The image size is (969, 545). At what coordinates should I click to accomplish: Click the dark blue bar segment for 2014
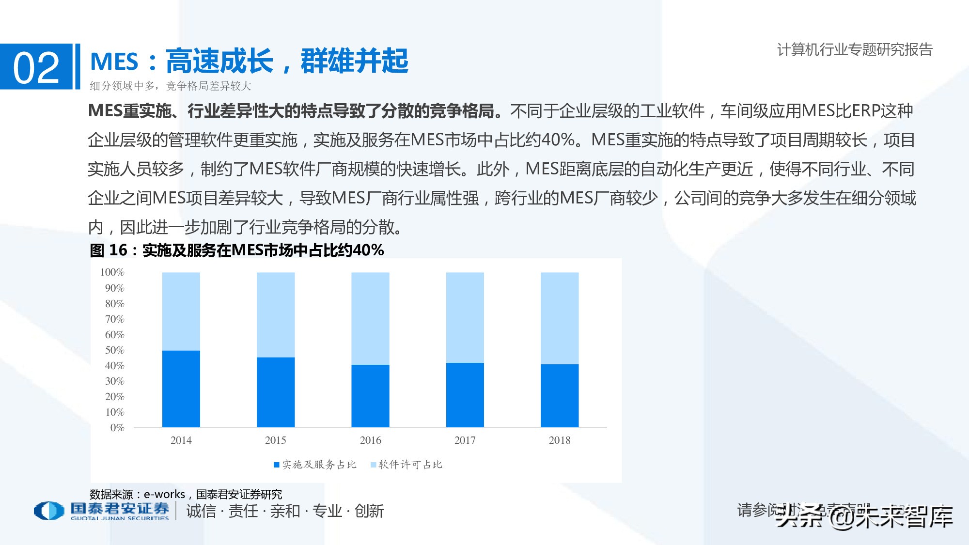click(181, 389)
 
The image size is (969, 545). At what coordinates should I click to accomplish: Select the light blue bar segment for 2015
click(275, 314)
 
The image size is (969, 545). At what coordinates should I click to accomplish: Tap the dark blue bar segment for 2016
click(370, 396)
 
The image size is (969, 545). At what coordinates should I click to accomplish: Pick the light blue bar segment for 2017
click(465, 317)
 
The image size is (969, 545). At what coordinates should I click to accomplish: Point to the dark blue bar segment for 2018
click(560, 395)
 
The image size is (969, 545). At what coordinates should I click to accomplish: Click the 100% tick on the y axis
click(112, 272)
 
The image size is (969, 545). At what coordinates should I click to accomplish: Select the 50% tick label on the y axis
click(115, 350)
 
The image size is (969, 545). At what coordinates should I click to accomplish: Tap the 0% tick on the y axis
click(117, 428)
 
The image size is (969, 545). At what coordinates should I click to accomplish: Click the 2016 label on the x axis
click(370, 440)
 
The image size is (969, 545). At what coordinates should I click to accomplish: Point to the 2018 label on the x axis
click(560, 440)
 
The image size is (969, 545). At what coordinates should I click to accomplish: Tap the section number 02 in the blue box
click(36, 68)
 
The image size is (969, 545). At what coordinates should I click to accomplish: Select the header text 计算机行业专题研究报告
click(855, 49)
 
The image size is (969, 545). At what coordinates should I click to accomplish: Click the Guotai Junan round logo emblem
click(48, 511)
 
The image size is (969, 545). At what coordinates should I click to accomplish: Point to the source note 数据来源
click(111, 494)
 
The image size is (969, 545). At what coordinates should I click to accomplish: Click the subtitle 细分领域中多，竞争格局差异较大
click(171, 86)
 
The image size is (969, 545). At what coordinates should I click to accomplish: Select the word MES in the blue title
click(114, 62)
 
